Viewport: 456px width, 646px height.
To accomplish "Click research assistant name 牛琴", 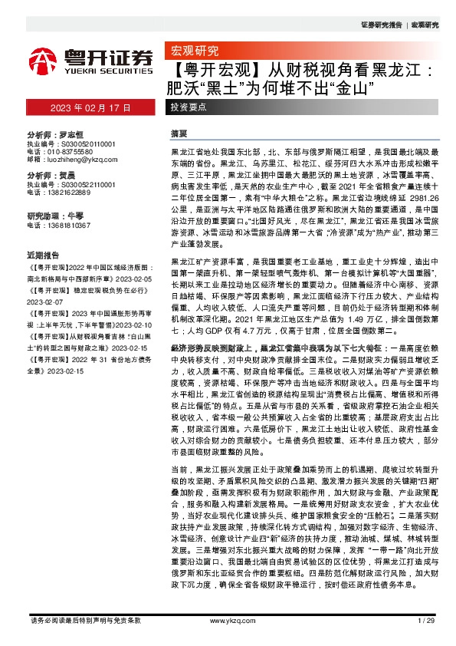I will [x=75, y=216].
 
